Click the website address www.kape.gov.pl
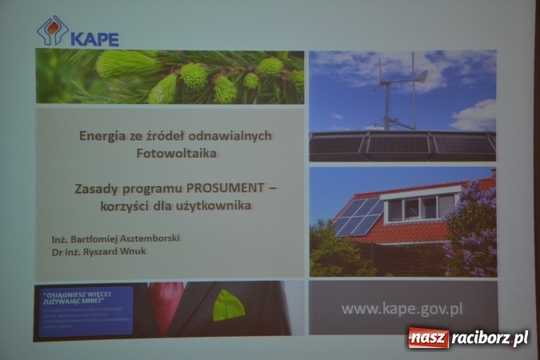click(x=402, y=307)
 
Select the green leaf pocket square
click(x=229, y=305)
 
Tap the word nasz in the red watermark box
click(x=428, y=338)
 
